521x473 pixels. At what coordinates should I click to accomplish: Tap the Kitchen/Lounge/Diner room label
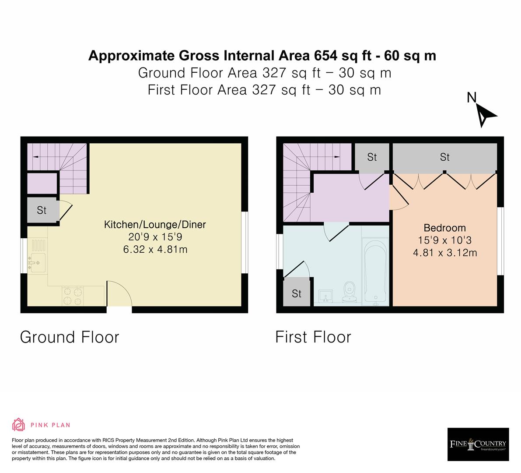pyautogui.click(x=154, y=225)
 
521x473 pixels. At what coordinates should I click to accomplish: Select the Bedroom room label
pyautogui.click(x=444, y=228)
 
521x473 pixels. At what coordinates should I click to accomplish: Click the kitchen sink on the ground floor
pyautogui.click(x=37, y=262)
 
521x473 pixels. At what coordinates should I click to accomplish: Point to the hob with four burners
pyautogui.click(x=73, y=295)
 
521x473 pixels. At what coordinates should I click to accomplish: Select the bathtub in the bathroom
pyautogui.click(x=375, y=272)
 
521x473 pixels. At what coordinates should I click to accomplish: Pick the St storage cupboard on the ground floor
pyautogui.click(x=42, y=210)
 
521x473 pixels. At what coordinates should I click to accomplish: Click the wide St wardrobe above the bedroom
pyautogui.click(x=444, y=157)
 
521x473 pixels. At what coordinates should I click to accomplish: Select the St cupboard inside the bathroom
pyautogui.click(x=297, y=293)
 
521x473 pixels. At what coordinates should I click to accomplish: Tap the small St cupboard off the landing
pyautogui.click(x=372, y=157)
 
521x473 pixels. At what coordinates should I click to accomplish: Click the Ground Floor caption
pyautogui.click(x=70, y=337)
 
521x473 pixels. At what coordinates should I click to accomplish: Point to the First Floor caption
pyautogui.click(x=313, y=337)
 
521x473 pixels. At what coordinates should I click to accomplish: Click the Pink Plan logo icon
pyautogui.click(x=19, y=424)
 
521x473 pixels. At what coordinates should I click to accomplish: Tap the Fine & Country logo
pyautogui.click(x=478, y=445)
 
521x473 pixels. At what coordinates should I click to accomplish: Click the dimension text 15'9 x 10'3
pyautogui.click(x=444, y=240)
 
